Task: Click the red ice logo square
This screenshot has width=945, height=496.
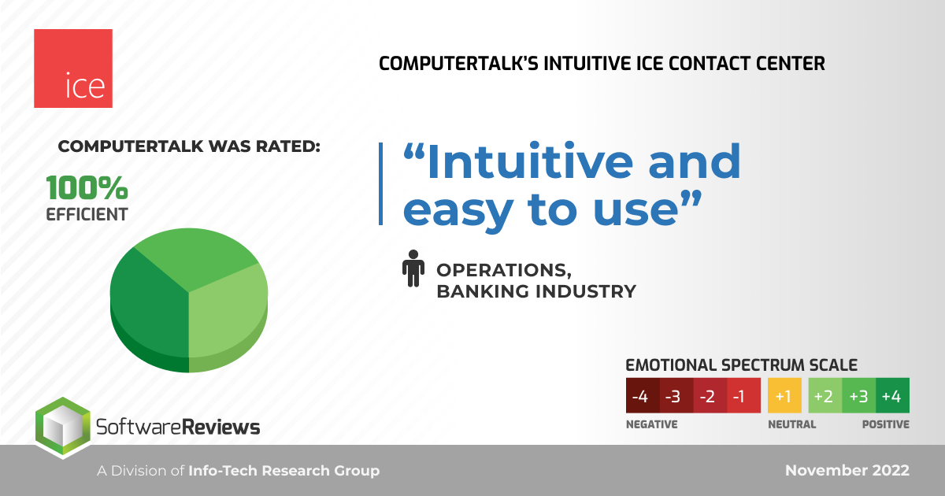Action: click(x=73, y=68)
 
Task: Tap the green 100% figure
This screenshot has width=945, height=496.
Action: click(x=87, y=187)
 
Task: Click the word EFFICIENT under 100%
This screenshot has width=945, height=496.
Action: click(x=87, y=215)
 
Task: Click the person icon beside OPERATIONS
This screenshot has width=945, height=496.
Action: click(x=413, y=268)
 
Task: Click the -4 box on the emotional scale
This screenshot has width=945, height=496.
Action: click(x=643, y=395)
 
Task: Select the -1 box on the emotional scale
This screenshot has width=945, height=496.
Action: click(x=743, y=395)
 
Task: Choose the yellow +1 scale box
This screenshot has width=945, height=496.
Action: click(x=784, y=395)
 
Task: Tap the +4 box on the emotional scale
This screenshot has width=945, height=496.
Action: click(x=893, y=395)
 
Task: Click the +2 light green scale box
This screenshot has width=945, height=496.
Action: click(x=825, y=395)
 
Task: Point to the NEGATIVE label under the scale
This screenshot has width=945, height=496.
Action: click(x=652, y=424)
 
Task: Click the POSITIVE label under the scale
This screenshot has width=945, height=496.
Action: click(x=885, y=424)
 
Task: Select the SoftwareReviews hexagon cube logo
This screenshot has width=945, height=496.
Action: click(x=63, y=428)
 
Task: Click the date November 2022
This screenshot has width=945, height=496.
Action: click(x=847, y=470)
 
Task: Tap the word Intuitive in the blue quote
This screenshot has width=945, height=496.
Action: click(x=530, y=162)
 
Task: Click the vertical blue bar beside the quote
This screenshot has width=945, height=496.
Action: click(x=381, y=183)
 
